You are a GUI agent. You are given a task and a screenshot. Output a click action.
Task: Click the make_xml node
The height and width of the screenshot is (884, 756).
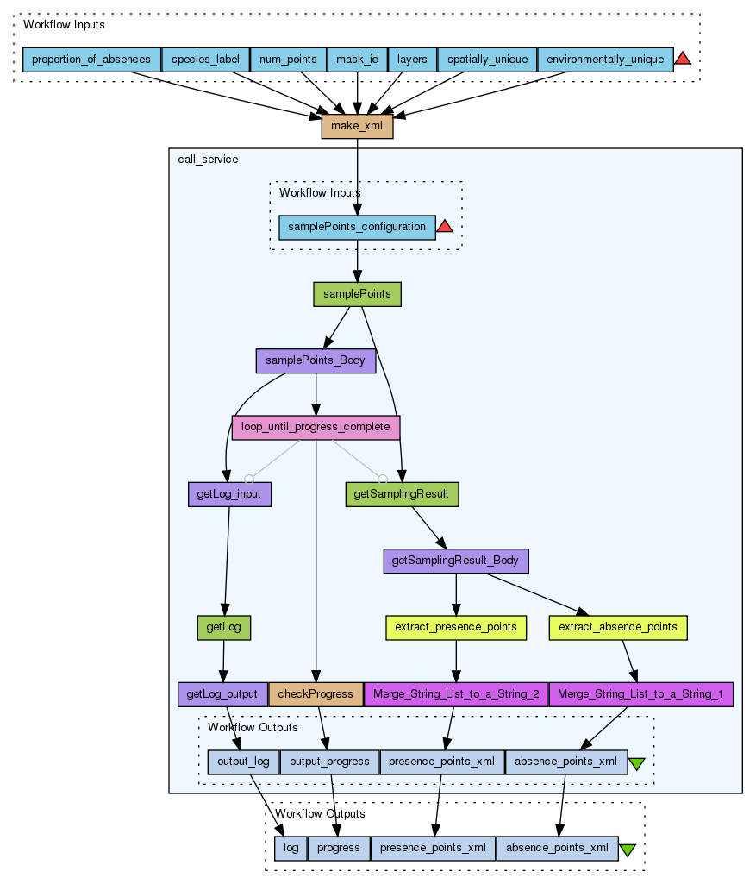(357, 127)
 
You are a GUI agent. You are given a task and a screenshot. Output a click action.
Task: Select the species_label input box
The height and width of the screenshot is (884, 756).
(205, 60)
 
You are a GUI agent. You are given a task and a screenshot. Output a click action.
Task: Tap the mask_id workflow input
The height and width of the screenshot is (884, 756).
(357, 60)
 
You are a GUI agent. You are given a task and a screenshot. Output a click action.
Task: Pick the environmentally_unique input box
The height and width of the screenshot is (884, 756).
(605, 60)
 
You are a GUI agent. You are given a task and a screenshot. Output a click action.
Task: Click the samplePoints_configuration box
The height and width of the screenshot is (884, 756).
(357, 227)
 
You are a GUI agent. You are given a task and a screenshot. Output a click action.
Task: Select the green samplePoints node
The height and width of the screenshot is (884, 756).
(357, 294)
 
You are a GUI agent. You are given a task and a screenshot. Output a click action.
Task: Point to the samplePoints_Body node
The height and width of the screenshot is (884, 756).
(316, 360)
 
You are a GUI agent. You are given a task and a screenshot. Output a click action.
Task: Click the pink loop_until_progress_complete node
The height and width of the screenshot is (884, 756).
(316, 427)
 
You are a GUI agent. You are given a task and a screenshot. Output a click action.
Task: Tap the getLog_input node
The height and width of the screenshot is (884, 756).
(229, 494)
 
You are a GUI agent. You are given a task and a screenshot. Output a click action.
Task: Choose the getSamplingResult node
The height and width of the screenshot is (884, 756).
(402, 494)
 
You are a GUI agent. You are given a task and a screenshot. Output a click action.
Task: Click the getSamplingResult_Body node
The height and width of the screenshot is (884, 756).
(455, 561)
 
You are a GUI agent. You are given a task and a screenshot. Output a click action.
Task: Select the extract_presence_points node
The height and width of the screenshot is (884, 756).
(455, 627)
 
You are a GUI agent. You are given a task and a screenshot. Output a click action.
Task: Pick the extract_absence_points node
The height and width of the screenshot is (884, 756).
(617, 627)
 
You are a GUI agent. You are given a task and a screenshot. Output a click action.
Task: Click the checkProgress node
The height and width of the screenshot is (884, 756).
(316, 694)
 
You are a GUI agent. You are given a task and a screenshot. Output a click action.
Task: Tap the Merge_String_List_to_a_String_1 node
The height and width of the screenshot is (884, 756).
(640, 694)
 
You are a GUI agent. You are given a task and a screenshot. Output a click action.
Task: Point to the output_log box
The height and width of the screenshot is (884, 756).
(243, 762)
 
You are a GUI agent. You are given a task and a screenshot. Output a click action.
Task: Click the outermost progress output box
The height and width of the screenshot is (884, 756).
(339, 849)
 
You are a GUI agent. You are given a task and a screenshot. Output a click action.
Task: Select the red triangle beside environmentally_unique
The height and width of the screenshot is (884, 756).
(683, 59)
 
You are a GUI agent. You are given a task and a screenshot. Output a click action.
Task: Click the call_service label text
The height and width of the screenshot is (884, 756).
(208, 160)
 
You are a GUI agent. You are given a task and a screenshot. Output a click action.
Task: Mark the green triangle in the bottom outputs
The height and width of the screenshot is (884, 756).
(628, 850)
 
